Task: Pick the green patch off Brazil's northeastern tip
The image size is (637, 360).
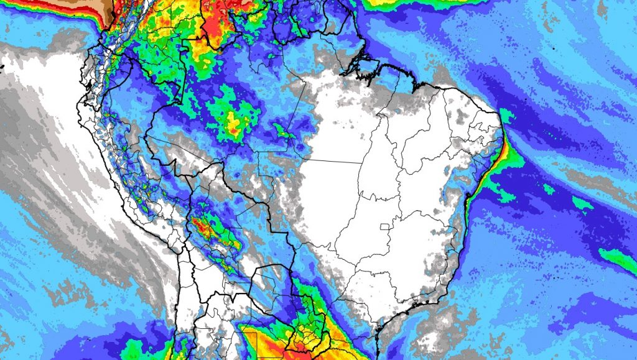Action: point(507,116)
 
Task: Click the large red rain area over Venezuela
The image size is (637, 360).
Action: point(218,19)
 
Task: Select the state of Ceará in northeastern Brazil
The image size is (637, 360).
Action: point(463,115)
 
